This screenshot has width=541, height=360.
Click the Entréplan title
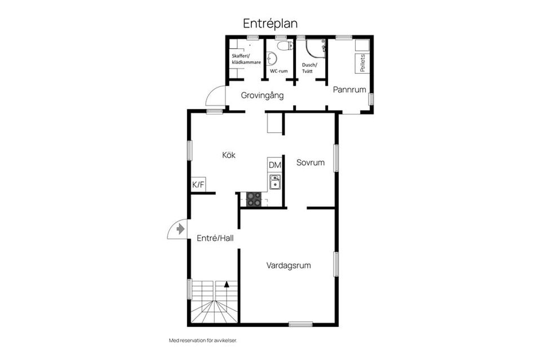(x=270, y=24)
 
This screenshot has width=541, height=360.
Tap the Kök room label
(x=229, y=155)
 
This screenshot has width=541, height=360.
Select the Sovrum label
(x=311, y=162)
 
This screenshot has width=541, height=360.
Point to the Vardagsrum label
(x=289, y=265)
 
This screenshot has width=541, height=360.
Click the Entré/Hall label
(x=215, y=238)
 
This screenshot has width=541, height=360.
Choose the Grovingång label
(x=262, y=96)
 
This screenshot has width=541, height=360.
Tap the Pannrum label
(x=349, y=90)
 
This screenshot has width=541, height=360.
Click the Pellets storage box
(x=362, y=63)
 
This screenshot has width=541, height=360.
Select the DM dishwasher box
(x=275, y=165)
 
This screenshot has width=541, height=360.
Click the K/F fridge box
(x=198, y=185)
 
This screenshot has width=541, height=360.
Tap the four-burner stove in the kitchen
(x=254, y=199)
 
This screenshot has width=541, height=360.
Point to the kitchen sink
(x=275, y=182)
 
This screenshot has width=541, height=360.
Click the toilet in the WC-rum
(x=285, y=46)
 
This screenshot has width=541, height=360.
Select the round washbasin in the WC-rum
(x=272, y=58)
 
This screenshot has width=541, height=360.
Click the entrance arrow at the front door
(x=180, y=229)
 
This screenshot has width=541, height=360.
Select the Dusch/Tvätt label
(x=309, y=68)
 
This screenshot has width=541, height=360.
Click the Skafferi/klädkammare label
(x=246, y=59)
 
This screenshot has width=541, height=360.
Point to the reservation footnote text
(x=203, y=340)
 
